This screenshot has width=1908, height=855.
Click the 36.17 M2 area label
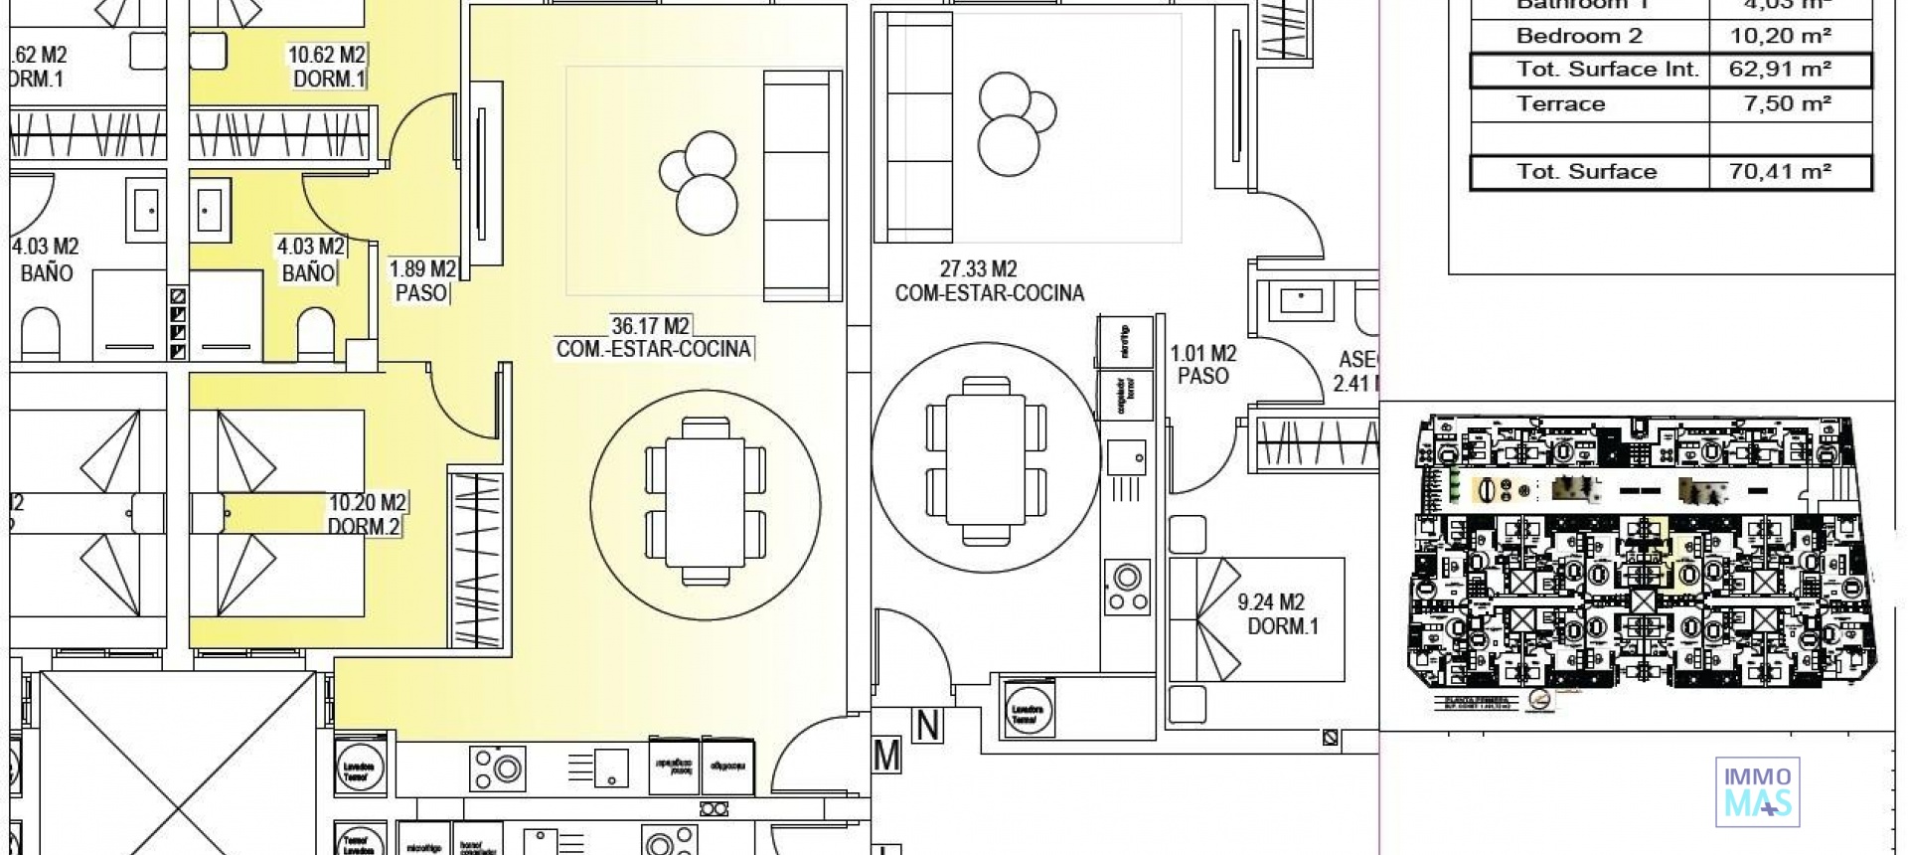point(651,326)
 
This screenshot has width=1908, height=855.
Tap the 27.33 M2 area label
point(978,269)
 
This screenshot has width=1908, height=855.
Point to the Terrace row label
point(1560,104)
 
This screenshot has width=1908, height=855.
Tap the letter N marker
point(927,727)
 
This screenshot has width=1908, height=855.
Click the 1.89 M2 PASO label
point(422,281)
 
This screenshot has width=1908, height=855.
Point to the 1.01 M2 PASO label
point(1202,365)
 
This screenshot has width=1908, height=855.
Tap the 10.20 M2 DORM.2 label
point(366,515)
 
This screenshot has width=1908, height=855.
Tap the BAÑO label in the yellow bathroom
point(308,272)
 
